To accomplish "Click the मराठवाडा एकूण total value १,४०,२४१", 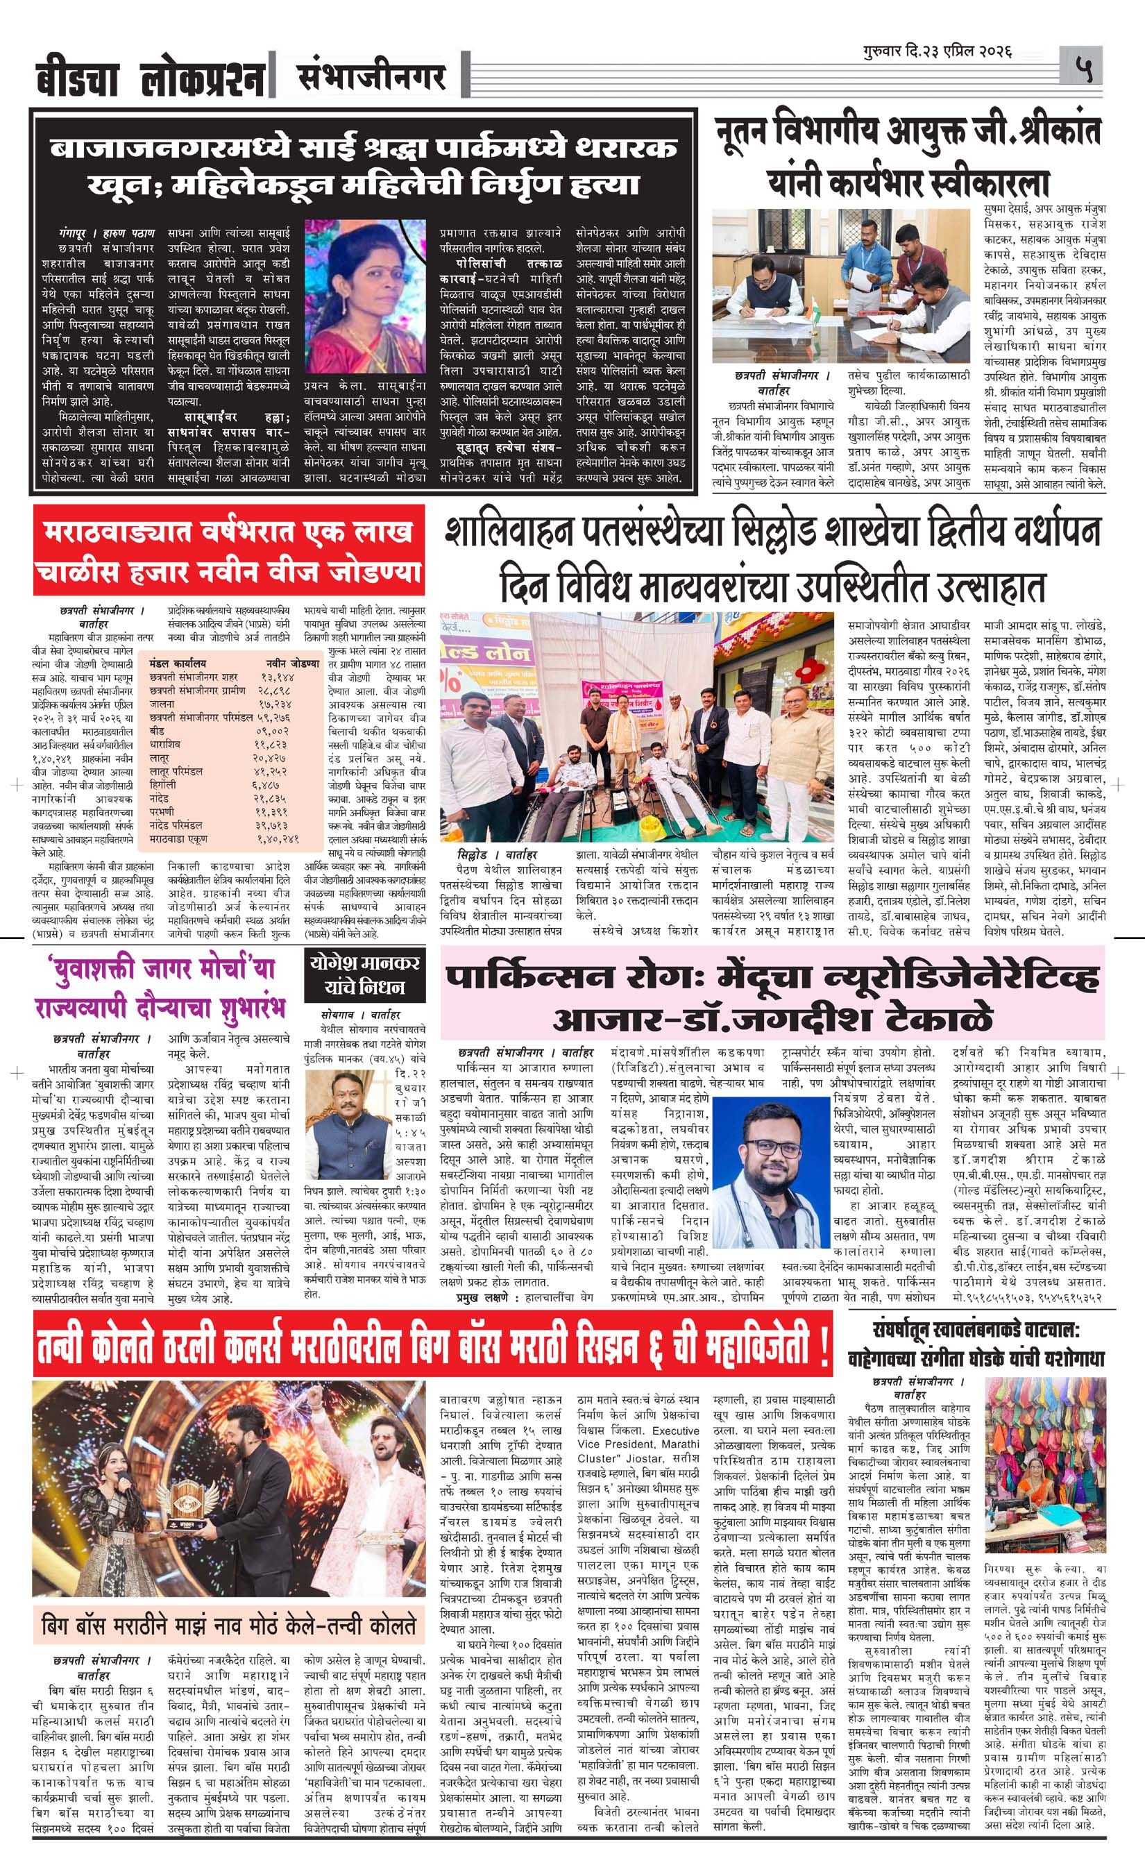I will (x=279, y=839).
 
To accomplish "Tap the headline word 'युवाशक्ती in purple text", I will (x=96, y=970).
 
